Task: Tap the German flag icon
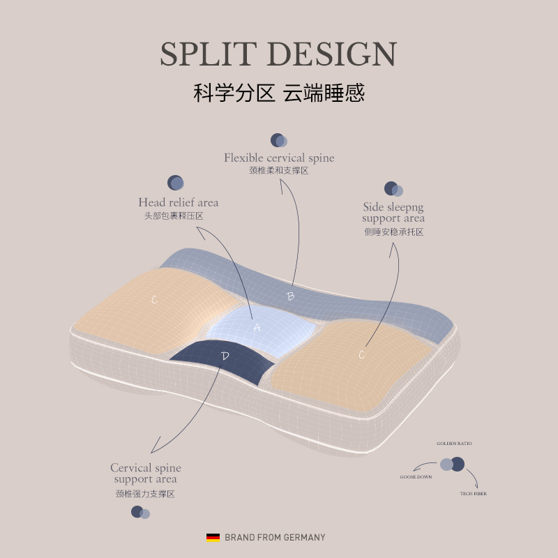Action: (x=213, y=537)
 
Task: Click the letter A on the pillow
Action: (x=256, y=326)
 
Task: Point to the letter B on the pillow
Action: (x=291, y=296)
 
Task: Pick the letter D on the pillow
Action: (x=225, y=356)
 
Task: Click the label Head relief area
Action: (x=178, y=202)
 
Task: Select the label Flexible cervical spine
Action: (x=279, y=158)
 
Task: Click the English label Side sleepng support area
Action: (x=393, y=213)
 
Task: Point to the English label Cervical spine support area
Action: (x=145, y=473)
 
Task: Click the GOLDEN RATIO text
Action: (x=454, y=444)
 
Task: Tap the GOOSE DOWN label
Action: (x=416, y=477)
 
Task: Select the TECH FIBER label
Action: (x=473, y=494)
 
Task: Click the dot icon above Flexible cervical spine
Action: (x=278, y=140)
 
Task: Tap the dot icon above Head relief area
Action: (x=176, y=183)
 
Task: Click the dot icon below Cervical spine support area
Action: (x=140, y=512)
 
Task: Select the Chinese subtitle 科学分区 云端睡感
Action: (x=279, y=93)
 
